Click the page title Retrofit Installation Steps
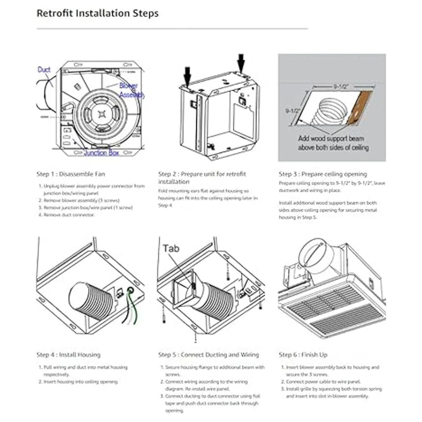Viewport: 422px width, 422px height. [x=97, y=14]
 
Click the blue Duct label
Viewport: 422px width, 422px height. [x=44, y=70]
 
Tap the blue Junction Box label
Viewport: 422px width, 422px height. [x=101, y=153]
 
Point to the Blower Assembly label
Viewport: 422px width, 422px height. [x=131, y=90]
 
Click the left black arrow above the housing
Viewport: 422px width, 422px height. [x=187, y=76]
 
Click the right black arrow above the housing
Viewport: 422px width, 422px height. [x=241, y=63]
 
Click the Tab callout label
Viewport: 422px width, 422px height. [x=171, y=248]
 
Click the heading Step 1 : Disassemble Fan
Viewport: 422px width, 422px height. [x=71, y=174]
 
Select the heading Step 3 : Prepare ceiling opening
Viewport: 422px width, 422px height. [x=323, y=174]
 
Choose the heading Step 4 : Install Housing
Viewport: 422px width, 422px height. [x=68, y=355]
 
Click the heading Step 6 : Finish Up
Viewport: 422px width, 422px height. [x=303, y=355]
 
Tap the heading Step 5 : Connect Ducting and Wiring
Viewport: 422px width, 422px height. [x=208, y=355]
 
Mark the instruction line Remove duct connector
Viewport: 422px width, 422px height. [x=69, y=215]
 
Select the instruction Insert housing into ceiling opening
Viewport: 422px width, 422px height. [x=81, y=382]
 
